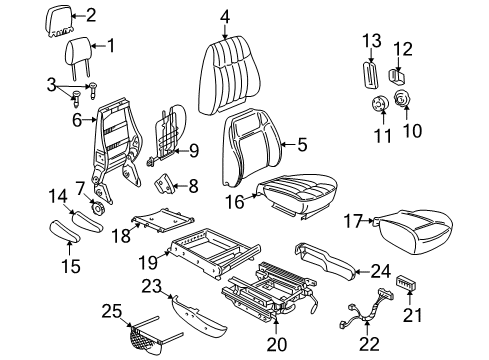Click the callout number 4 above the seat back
point(225,15)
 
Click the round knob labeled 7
point(99,208)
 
